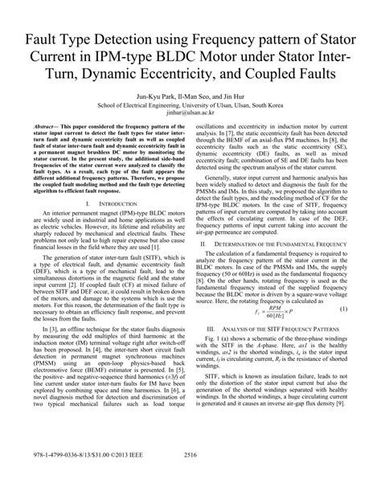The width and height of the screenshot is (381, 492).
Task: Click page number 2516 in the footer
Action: click(190, 477)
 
